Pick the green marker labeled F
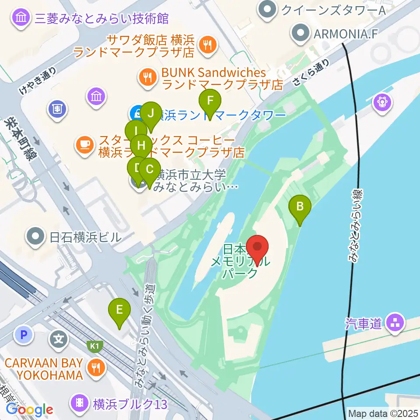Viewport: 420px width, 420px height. pos(210,101)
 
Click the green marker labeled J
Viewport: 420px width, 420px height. pos(151,114)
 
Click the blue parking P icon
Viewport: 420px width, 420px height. pos(24,336)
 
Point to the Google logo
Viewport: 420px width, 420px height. pos(29,410)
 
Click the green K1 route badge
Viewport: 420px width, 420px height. pos(95,345)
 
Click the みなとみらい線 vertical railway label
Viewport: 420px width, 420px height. pos(357,225)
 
